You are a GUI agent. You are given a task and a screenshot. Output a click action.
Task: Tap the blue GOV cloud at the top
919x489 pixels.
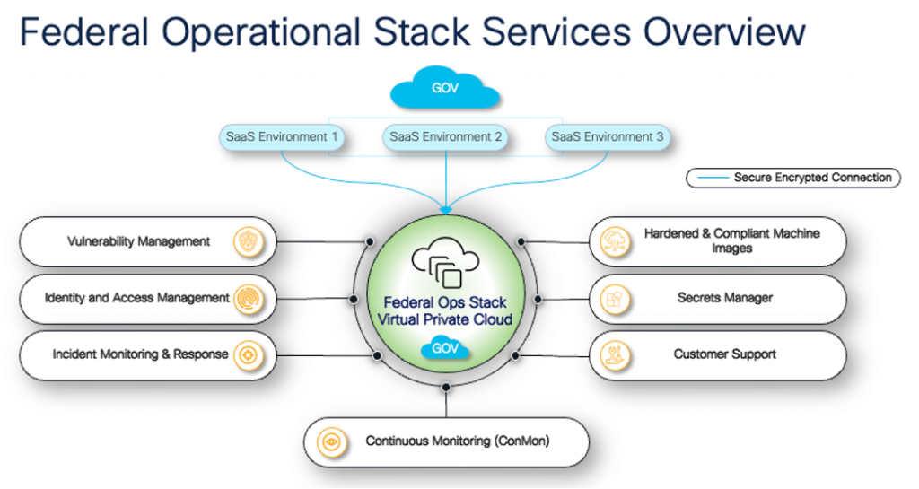coord(445,91)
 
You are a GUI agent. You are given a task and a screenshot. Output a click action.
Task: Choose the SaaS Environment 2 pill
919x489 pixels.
coord(445,137)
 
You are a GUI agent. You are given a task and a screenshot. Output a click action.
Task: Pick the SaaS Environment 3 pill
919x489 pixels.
coord(608,137)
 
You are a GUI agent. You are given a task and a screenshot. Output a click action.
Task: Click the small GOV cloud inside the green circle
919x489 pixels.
coord(445,347)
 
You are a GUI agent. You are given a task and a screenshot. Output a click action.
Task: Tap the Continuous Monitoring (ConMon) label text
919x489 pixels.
coord(457,441)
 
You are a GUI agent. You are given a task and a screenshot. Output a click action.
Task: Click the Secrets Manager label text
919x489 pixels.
coord(724,298)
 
